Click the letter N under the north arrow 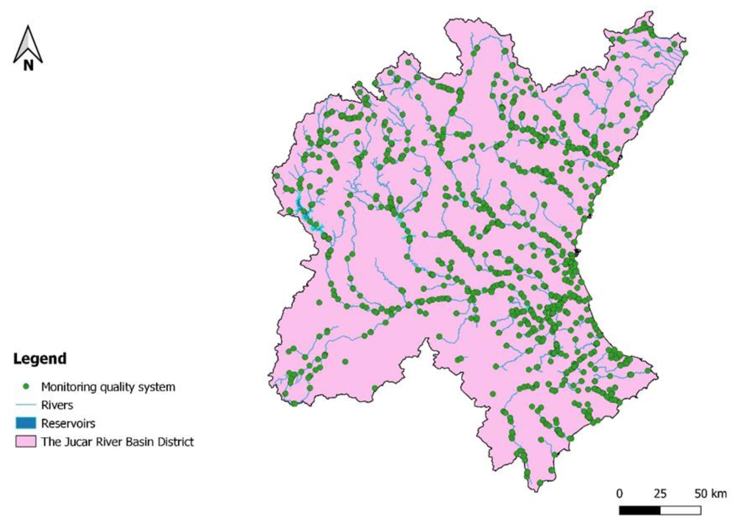pos(28,66)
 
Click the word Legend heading pos(40,359)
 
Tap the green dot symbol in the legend pos(26,387)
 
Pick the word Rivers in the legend pos(57,405)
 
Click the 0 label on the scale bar pos(619,494)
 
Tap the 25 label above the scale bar pos(660,494)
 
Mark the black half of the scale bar pos(640,510)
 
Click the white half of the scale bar pos(680,510)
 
